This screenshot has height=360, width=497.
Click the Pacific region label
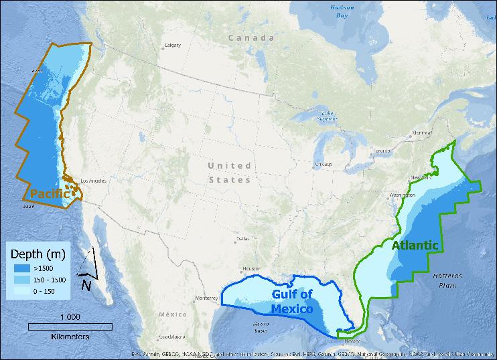point(50,193)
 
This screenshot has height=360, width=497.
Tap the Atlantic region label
point(416,245)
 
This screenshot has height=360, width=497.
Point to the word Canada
point(251,38)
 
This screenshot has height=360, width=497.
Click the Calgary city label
point(173,46)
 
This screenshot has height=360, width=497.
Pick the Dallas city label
point(242,239)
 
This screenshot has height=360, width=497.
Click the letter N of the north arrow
point(86,286)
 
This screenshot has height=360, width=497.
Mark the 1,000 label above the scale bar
point(70,317)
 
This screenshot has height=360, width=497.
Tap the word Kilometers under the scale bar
point(70,337)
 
